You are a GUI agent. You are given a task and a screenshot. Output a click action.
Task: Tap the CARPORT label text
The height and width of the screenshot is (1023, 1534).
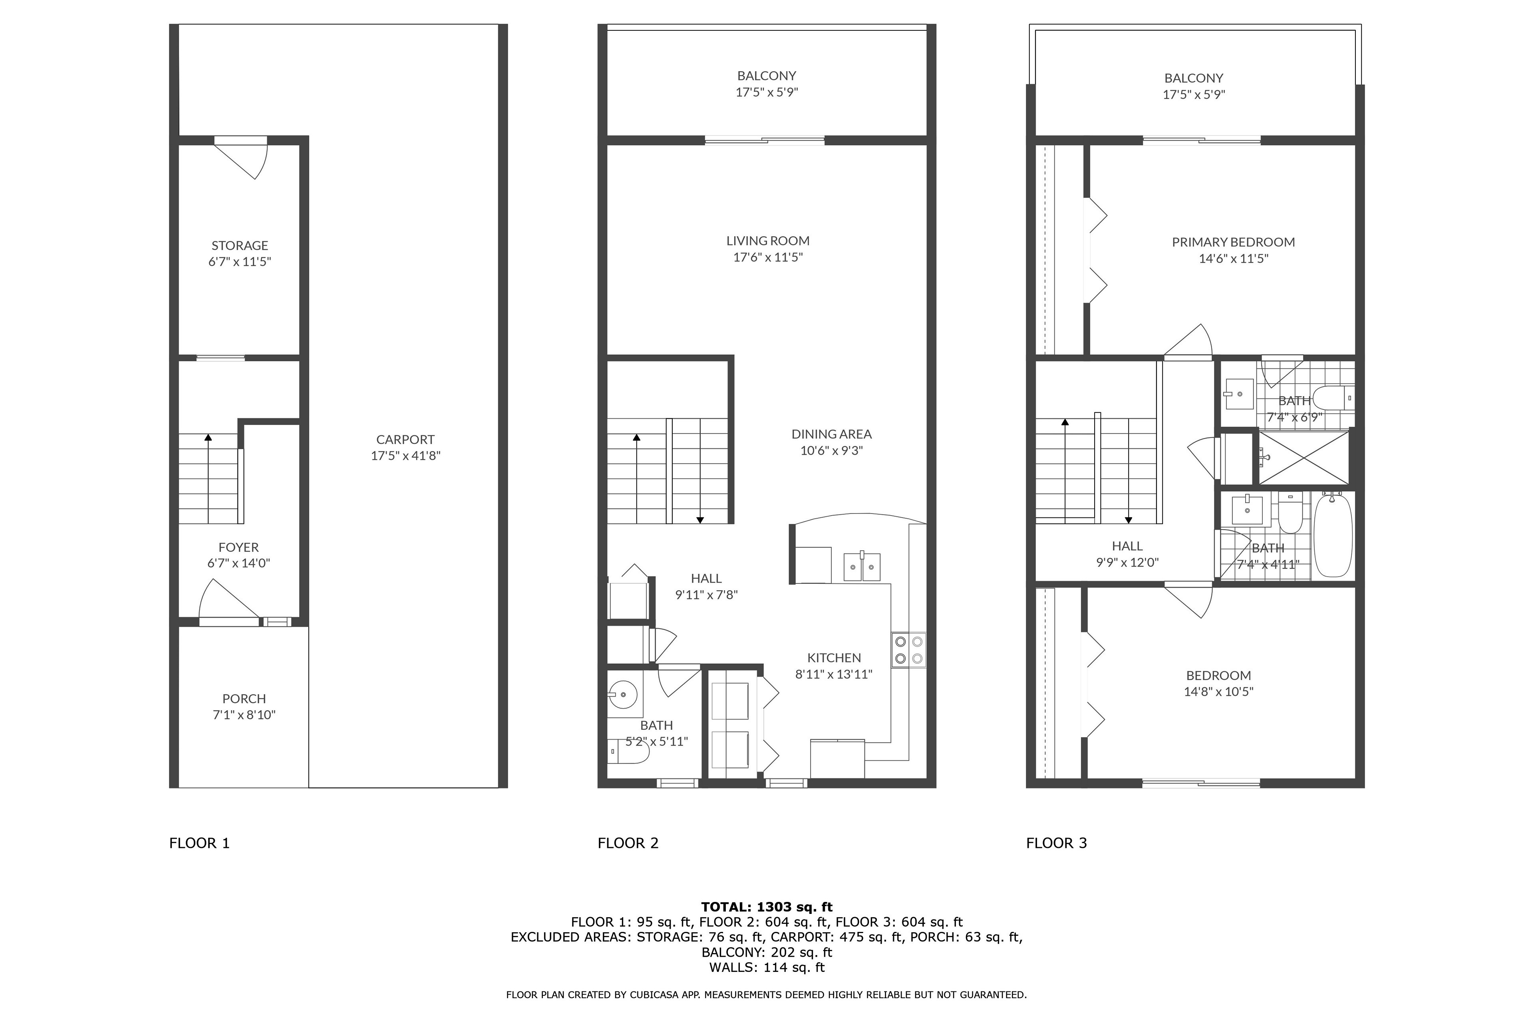coord(405,440)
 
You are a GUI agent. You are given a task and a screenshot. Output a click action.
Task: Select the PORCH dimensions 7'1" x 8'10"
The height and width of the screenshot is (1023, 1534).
coord(244,715)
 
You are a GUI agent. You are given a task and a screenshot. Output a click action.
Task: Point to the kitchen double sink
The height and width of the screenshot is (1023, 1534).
coord(862,566)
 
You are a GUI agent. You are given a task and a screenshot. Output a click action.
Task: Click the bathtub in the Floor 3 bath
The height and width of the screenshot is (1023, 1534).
coord(1333,535)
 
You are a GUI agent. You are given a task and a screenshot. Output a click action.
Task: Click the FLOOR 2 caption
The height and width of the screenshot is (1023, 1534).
coord(628,843)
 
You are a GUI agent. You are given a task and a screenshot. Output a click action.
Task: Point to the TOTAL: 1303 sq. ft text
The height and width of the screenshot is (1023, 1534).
coord(767,907)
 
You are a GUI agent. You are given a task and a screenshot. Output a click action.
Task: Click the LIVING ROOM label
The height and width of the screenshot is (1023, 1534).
coord(768,241)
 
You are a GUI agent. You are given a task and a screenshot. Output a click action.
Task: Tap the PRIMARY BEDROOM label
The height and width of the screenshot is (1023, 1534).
coord(1233,242)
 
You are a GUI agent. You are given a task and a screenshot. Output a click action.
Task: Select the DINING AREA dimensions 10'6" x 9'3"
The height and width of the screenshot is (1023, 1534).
coord(832,450)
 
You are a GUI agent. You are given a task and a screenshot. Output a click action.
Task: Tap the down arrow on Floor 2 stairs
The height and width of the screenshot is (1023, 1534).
coord(700,471)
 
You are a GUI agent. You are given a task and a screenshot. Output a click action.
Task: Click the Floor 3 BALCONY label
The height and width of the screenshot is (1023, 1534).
coord(1194,78)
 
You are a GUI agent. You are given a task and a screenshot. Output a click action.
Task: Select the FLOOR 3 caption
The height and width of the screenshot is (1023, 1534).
coord(1057,843)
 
